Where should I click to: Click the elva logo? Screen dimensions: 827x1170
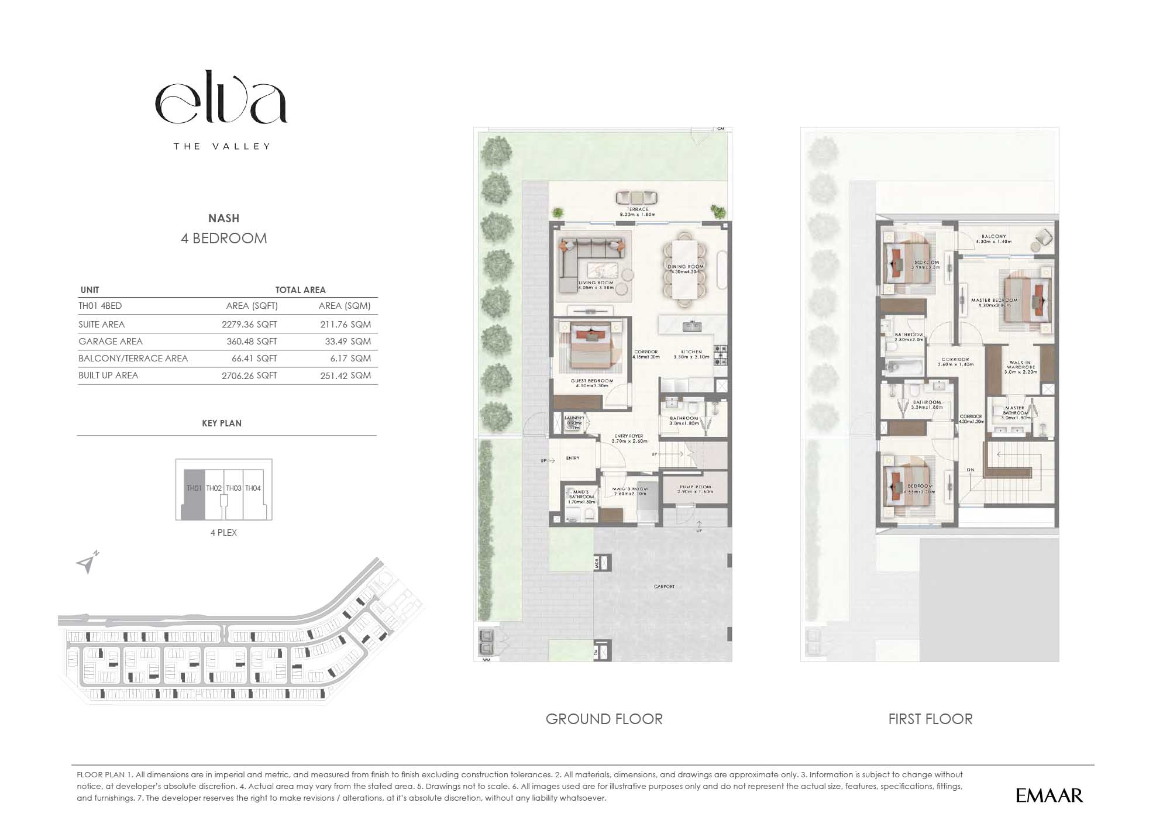221,103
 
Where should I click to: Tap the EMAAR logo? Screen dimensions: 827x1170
1049,795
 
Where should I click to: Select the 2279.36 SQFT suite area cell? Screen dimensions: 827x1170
249,324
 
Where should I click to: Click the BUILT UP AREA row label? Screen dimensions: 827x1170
108,375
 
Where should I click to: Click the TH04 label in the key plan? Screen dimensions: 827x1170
253,488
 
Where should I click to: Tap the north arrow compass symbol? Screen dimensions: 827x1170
87,563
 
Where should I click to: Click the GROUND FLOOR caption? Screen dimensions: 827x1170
604,719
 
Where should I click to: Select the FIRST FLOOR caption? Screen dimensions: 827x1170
930,719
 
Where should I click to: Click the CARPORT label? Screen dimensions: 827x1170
664,586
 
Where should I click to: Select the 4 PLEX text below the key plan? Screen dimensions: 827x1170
223,532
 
